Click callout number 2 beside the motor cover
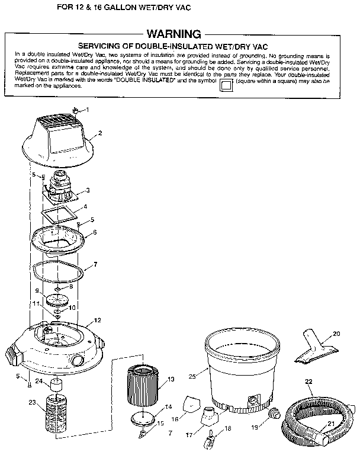tap(100, 133)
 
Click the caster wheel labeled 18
tap(210, 439)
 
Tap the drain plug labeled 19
tap(274, 413)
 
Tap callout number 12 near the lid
tap(98, 321)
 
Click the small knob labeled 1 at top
tap(76, 110)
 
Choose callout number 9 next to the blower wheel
tap(37, 291)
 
